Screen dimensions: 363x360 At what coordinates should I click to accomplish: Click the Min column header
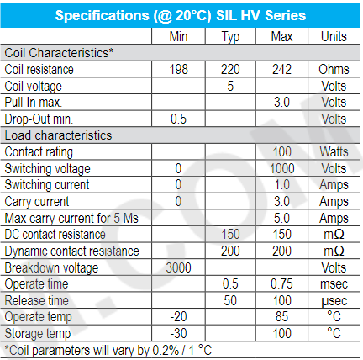(x=178, y=36)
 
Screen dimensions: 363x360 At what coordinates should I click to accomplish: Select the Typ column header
(x=230, y=37)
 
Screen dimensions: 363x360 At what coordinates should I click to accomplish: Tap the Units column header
(x=334, y=36)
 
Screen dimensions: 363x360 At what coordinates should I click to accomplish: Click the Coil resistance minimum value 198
(x=178, y=69)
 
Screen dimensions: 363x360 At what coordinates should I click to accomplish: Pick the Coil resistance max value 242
(x=281, y=69)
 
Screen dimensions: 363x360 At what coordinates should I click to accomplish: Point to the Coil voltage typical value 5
(x=230, y=86)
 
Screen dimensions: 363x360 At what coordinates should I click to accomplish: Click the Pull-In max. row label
(x=34, y=102)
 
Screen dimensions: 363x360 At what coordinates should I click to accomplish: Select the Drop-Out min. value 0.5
(x=178, y=119)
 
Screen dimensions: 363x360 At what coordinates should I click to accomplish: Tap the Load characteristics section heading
(x=58, y=135)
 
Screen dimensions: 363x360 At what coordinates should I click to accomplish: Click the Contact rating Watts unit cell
(x=334, y=151)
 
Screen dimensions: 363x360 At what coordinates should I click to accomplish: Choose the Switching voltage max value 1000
(x=282, y=168)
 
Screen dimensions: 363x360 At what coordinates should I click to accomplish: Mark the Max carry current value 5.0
(x=281, y=218)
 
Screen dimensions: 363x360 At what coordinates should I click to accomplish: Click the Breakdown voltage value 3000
(x=178, y=267)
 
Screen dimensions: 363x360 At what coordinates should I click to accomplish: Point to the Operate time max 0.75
(x=281, y=283)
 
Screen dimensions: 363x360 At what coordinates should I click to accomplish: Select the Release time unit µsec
(x=334, y=301)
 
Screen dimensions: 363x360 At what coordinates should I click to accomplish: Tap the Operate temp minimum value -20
(x=178, y=316)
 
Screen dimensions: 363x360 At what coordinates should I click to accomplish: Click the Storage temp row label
(x=38, y=334)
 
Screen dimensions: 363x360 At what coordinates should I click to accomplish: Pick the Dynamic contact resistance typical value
(x=230, y=251)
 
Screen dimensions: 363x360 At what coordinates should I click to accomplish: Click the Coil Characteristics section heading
(x=59, y=53)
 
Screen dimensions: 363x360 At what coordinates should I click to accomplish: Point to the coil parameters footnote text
(x=108, y=351)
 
